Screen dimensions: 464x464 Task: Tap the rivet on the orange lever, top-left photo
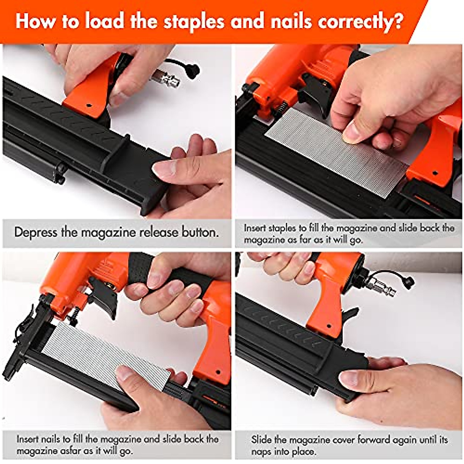pos(89,104)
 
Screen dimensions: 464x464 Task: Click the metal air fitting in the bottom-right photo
pos(381,287)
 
